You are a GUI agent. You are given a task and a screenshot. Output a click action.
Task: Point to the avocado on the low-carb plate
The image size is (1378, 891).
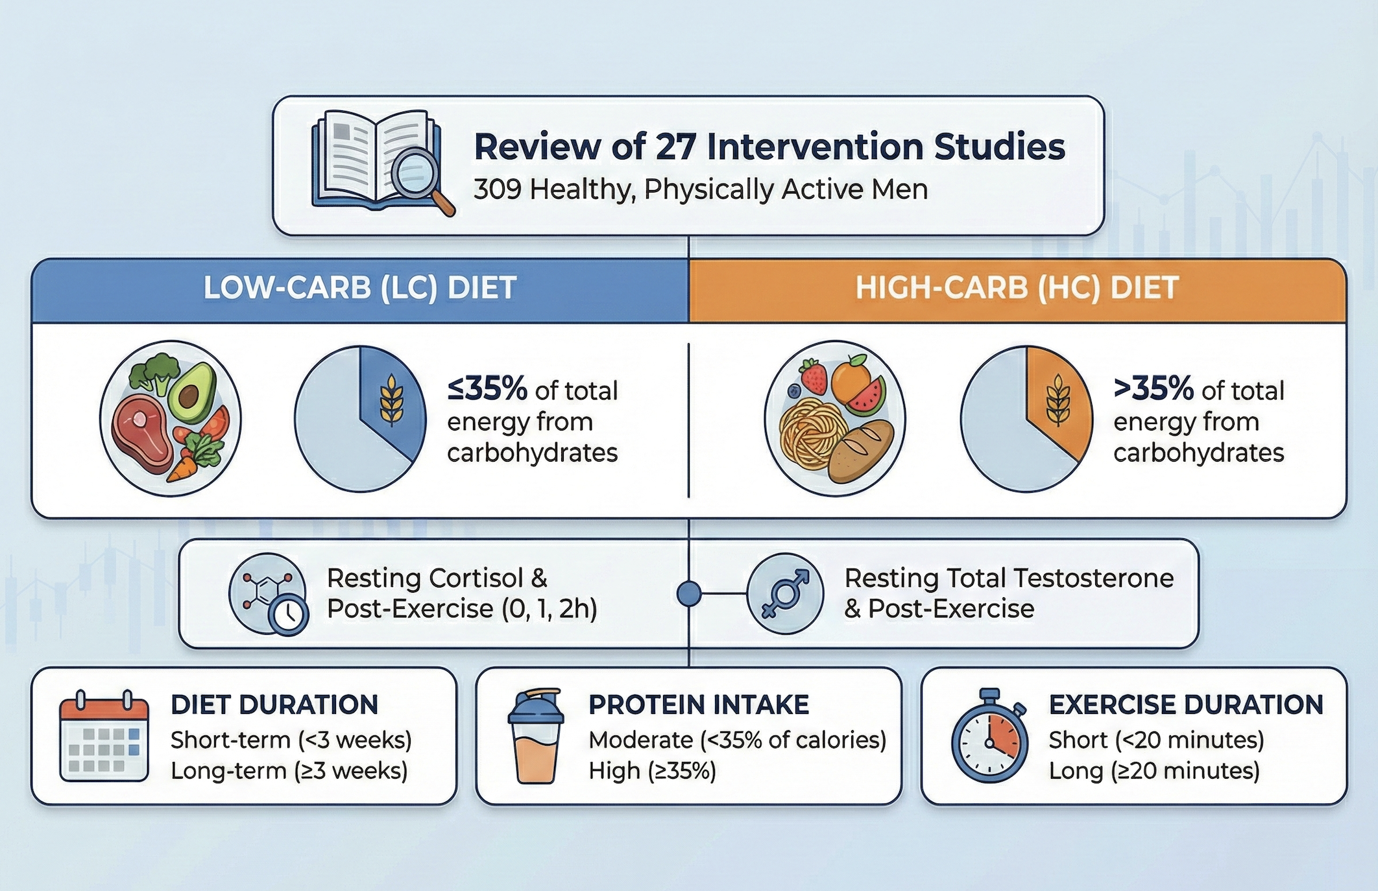click(x=191, y=392)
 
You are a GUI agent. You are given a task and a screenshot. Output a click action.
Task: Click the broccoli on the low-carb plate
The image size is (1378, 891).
click(x=154, y=372)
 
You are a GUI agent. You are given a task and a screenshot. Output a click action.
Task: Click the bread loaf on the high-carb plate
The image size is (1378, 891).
click(x=862, y=451)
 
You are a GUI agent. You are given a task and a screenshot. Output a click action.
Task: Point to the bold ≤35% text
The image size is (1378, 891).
click(x=487, y=389)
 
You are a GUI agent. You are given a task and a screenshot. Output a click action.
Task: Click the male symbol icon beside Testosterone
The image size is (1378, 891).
click(x=785, y=593)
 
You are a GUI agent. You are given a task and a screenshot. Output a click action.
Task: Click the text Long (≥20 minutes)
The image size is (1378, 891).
click(x=1154, y=771)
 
